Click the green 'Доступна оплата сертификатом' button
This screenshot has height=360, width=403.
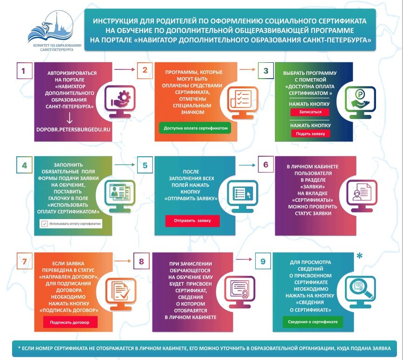[195, 127]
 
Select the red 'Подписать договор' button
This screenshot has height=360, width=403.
[71, 321]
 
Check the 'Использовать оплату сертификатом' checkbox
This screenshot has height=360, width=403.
[45, 224]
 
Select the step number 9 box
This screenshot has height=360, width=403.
[263, 261]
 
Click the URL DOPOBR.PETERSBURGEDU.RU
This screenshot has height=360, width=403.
[74, 127]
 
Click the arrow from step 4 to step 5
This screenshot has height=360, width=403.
[123, 164]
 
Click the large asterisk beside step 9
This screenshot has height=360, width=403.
[359, 257]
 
